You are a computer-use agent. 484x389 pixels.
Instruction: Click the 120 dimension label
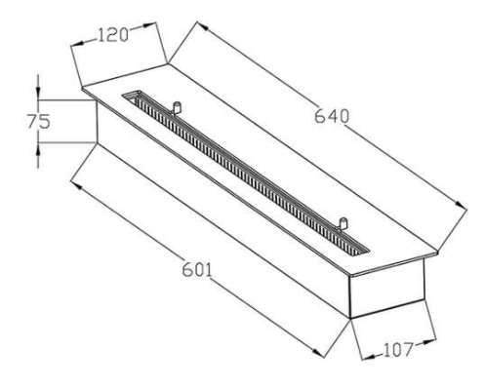113,35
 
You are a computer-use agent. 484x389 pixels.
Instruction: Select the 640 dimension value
332,116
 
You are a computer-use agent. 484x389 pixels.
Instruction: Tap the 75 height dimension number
39,121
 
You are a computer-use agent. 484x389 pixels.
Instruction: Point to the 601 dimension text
197,269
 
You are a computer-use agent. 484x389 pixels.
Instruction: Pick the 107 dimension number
398,350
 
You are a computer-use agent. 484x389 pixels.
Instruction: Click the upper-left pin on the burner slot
176,107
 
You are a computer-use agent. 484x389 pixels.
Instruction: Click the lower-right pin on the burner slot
343,224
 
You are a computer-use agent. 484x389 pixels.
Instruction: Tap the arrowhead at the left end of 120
76,44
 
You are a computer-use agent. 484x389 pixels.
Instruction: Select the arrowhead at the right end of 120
150,24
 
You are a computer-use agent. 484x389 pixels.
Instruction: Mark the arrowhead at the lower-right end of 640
461,205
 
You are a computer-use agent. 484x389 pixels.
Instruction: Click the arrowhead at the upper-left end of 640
202,25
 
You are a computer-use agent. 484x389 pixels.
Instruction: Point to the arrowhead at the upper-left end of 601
76,185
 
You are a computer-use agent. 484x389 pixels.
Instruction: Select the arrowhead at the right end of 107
429,341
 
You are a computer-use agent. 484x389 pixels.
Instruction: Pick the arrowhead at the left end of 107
368,357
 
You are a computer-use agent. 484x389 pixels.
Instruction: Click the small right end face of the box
386,288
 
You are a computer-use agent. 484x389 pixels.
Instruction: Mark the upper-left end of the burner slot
132,95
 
